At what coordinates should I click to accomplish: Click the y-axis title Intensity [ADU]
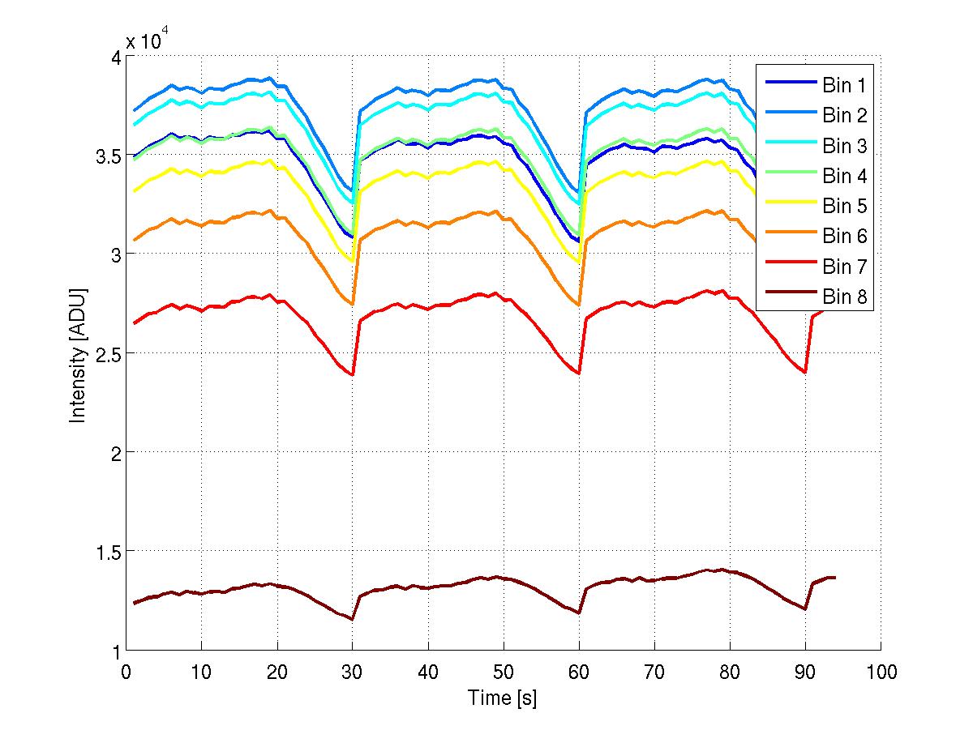pyautogui.click(x=78, y=353)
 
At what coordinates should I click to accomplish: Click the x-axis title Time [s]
pyautogui.click(x=502, y=698)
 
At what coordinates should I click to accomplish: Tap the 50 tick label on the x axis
pyautogui.click(x=503, y=672)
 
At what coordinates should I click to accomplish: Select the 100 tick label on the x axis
pyautogui.click(x=881, y=672)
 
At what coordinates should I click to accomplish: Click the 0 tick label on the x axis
pyautogui.click(x=126, y=672)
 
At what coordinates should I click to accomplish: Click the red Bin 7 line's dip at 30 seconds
pyautogui.click(x=352, y=374)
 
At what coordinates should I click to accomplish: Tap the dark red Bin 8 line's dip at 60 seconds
pyautogui.click(x=579, y=613)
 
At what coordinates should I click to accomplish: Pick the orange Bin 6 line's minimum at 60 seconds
pyautogui.click(x=579, y=305)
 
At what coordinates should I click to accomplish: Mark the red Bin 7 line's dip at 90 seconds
pyautogui.click(x=805, y=372)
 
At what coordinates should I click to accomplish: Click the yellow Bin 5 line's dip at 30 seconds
pyautogui.click(x=352, y=261)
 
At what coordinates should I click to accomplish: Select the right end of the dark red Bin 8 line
pyautogui.click(x=835, y=578)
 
